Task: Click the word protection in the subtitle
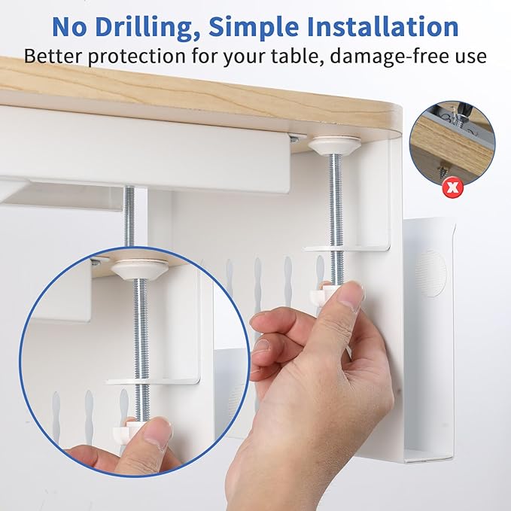coord(143,56)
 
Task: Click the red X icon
coord(452,187)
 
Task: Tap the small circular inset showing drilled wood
coord(452,143)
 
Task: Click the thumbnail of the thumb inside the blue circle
coord(157,433)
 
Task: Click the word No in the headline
coord(71,26)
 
